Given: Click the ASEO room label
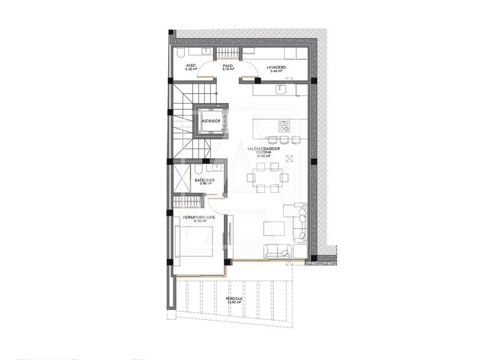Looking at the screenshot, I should (x=191, y=65).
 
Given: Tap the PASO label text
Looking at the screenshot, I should (x=227, y=65).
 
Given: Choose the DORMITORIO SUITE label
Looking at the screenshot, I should (x=199, y=217).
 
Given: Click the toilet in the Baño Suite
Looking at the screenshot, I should (x=197, y=169).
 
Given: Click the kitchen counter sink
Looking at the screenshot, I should (x=279, y=89).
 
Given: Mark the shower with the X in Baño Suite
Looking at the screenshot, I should (x=181, y=179).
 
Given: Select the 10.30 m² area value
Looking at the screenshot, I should (x=199, y=221).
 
